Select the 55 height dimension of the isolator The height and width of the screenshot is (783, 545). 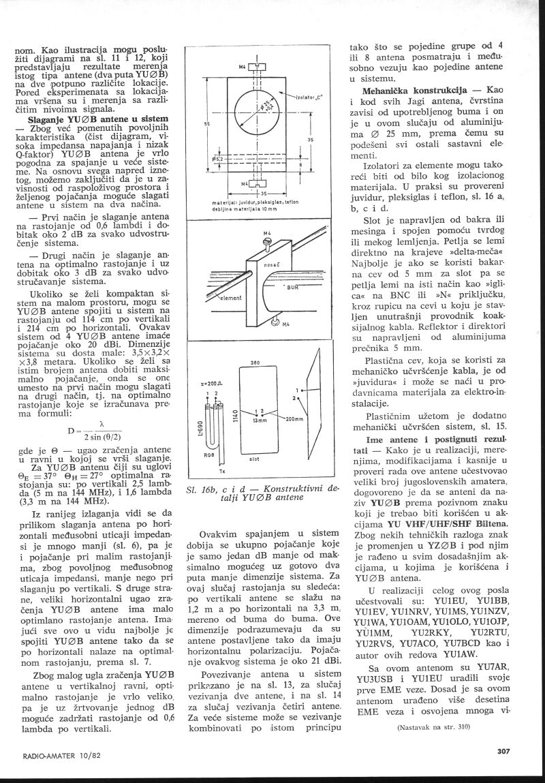coord(206,124)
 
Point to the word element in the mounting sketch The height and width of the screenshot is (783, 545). coord(232,298)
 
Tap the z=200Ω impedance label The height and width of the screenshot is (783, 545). coord(209,384)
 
